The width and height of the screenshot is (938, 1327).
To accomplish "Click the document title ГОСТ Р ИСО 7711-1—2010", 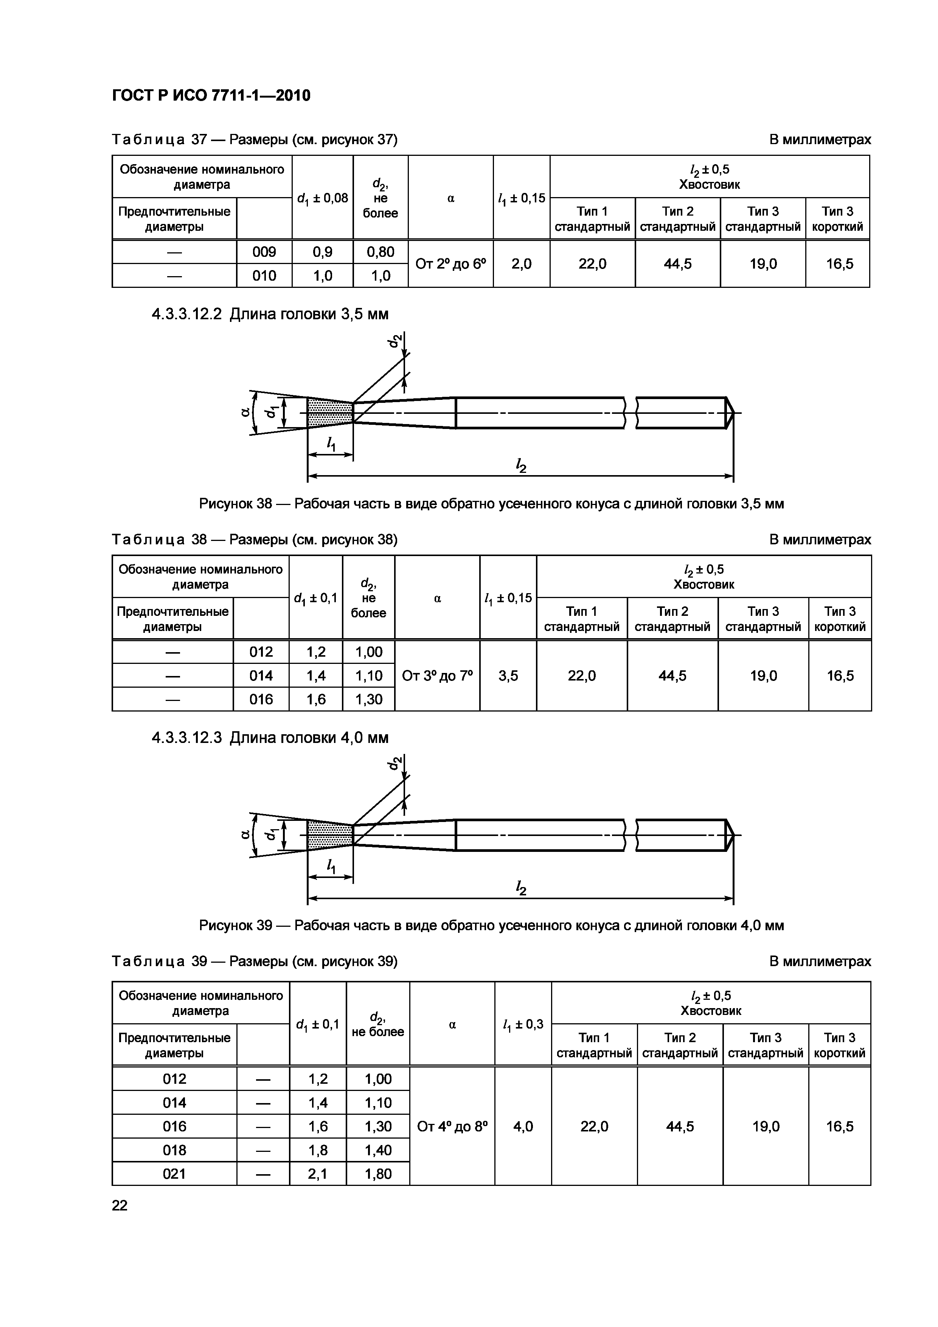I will [x=211, y=95].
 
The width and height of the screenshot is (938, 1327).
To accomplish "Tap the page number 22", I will [x=120, y=1205].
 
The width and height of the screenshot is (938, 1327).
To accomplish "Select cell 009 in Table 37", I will [x=264, y=252].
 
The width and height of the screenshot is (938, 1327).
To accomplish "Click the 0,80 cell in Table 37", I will [x=380, y=252].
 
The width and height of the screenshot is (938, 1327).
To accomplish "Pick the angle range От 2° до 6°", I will [x=451, y=264].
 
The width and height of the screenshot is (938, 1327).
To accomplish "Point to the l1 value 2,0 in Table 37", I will [x=521, y=264].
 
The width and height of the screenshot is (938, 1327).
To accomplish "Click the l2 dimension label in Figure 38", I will [x=521, y=465].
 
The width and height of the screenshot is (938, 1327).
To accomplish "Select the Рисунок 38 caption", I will [x=491, y=503].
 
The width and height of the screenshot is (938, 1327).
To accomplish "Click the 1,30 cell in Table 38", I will [x=369, y=699].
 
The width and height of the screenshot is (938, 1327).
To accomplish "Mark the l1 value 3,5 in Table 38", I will [x=508, y=676].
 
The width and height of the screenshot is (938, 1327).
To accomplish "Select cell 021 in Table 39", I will [x=174, y=1174].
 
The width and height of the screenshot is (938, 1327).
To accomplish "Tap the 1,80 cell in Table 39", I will [x=378, y=1174].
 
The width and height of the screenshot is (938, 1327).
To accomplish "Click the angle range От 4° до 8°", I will [x=452, y=1127].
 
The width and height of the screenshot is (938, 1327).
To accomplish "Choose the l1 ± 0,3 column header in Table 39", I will [x=523, y=1025].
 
